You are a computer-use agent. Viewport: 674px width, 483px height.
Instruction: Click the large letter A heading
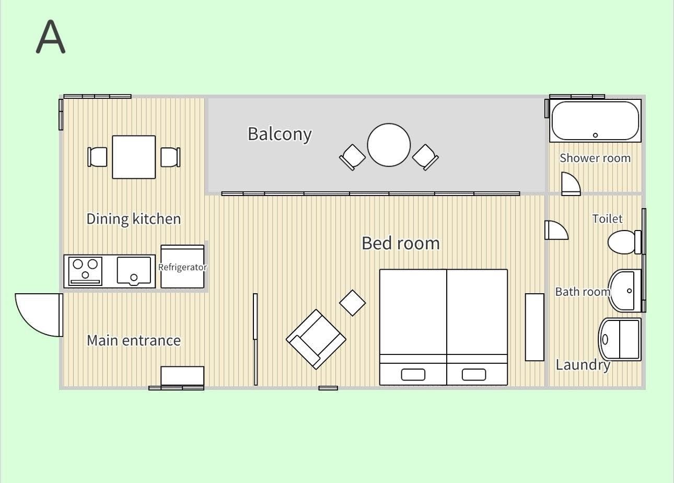point(51,37)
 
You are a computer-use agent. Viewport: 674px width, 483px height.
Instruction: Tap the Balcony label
point(280,134)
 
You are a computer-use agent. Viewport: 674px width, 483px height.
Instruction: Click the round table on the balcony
point(389,145)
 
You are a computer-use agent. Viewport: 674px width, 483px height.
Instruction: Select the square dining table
point(134,157)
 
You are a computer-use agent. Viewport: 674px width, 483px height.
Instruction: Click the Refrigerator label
point(182,267)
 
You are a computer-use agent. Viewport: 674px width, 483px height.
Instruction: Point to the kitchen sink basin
point(134,271)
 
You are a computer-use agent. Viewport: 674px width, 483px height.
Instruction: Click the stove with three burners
point(86,271)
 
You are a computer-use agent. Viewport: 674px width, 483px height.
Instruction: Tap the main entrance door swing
point(39,315)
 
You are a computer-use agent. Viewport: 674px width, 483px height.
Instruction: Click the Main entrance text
point(134,341)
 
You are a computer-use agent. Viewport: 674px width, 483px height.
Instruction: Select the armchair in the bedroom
point(316,339)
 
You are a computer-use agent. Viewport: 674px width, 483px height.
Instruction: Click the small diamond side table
point(352,303)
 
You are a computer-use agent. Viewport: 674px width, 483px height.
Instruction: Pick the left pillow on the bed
point(413,375)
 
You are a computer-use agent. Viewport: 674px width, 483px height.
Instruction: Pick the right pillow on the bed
point(474,375)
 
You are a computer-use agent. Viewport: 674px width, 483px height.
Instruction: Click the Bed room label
point(401,243)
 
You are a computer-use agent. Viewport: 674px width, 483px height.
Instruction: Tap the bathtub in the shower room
point(595,121)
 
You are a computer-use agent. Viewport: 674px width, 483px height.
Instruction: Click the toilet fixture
point(624,242)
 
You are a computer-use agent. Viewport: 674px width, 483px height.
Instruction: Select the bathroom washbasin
point(625,291)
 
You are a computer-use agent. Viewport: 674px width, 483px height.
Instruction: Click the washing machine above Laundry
point(620,339)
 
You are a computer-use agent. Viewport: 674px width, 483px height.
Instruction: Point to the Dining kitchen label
point(134,219)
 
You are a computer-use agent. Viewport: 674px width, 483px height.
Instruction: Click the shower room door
point(571,184)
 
